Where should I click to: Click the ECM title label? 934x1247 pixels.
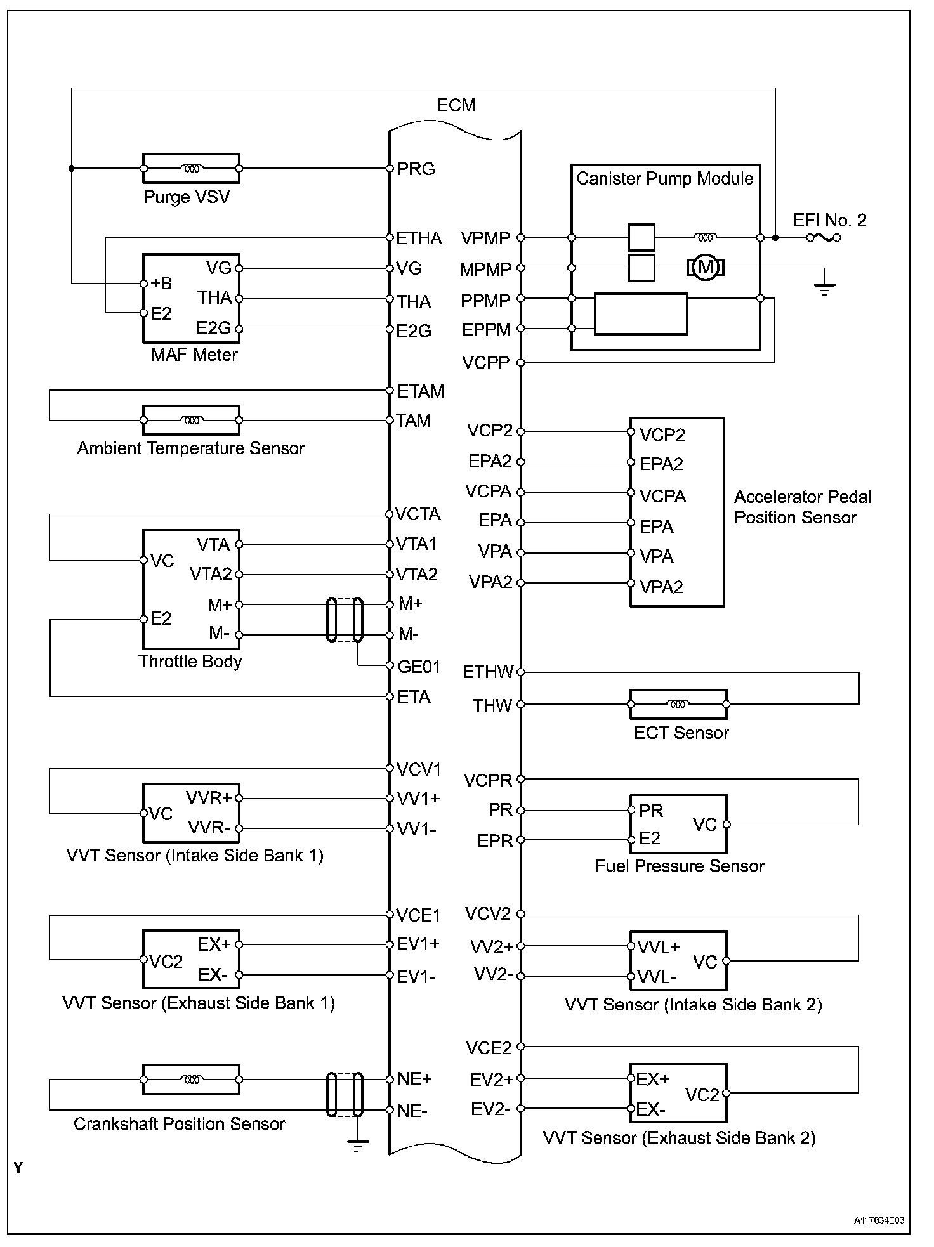[456, 105]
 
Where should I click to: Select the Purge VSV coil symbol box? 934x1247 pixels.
[191, 169]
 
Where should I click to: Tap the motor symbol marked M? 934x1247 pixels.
[705, 268]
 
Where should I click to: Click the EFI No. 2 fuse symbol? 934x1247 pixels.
[824, 238]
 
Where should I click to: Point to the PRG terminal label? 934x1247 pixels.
[416, 169]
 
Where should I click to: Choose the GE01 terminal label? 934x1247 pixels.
[419, 667]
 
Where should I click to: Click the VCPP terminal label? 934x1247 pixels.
[485, 363]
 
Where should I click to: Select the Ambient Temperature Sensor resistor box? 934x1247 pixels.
[191, 420]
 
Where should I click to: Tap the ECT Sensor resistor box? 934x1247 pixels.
[678, 704]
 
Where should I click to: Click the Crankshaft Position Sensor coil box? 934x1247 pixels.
[191, 1080]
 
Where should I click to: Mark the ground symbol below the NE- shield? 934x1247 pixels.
[357, 1147]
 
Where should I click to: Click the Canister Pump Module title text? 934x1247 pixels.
[664, 178]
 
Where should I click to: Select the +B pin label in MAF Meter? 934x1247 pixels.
[161, 284]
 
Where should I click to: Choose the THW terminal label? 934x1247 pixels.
[492, 705]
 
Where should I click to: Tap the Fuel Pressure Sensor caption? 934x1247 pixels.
[680, 866]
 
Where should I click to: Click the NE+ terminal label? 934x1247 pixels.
[414, 1079]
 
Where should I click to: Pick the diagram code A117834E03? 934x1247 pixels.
[879, 1220]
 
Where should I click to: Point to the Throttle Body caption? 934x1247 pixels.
[190, 662]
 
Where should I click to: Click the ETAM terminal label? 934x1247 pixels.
[420, 391]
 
